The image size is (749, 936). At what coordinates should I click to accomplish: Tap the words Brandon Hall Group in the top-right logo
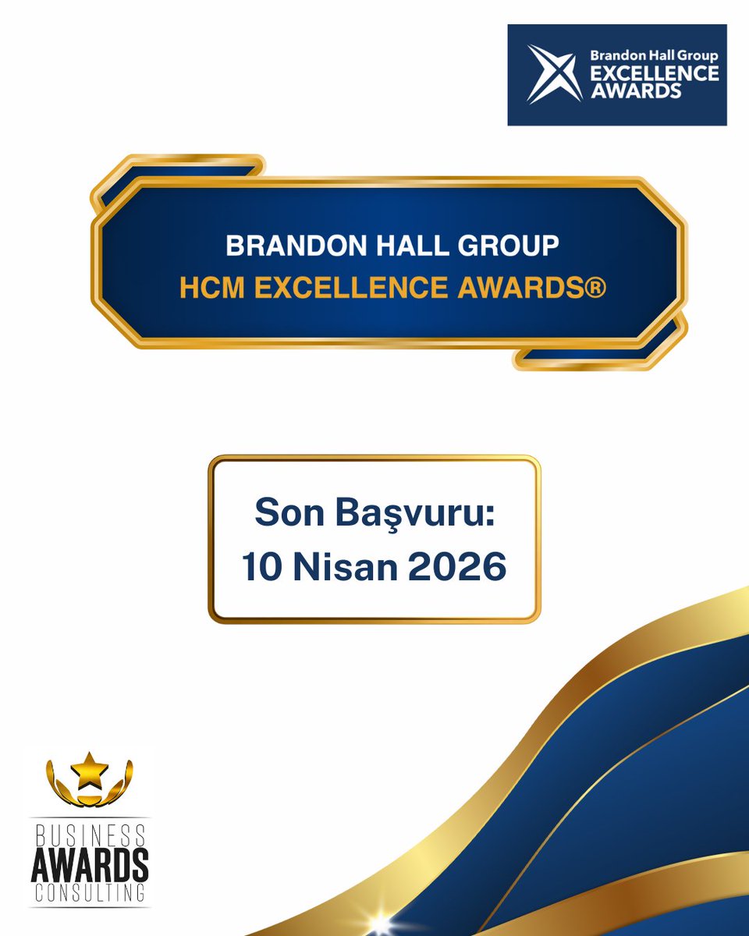pyautogui.click(x=654, y=55)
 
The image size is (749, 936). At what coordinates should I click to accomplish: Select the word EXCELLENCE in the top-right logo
pyautogui.click(x=654, y=73)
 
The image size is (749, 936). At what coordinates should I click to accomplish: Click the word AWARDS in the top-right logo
pyautogui.click(x=634, y=90)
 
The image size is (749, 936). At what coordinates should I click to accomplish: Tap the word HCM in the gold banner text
pyautogui.click(x=209, y=287)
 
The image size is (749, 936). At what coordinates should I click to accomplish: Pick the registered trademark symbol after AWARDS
pyautogui.click(x=597, y=287)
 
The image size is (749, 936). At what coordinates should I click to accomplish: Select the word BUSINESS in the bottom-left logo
pyautogui.click(x=89, y=836)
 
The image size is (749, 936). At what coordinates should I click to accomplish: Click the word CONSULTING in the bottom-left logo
pyautogui.click(x=89, y=892)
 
